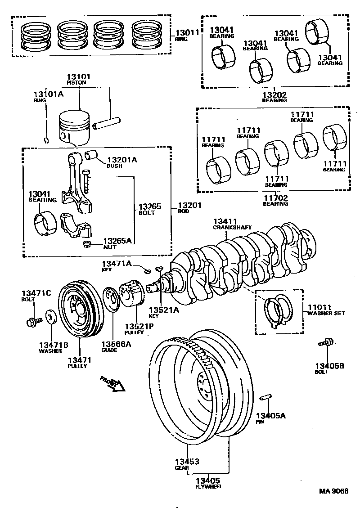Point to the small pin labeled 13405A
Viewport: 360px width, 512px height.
265,398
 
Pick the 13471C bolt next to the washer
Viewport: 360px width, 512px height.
33,321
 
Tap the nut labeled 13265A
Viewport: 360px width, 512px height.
87,244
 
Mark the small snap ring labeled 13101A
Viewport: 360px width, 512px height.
47,140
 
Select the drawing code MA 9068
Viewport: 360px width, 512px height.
334,491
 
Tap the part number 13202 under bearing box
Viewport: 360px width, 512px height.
275,94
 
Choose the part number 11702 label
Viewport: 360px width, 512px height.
275,197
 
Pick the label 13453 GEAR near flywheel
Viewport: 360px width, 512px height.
187,462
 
